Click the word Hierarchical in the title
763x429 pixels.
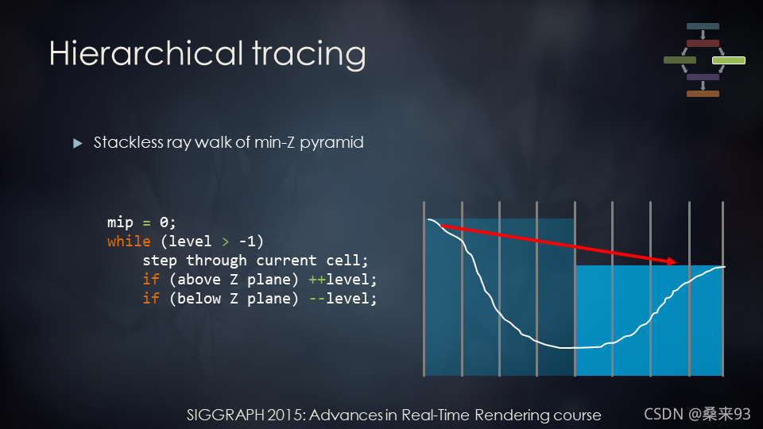pyautogui.click(x=146, y=52)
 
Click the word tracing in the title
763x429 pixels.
pyautogui.click(x=309, y=56)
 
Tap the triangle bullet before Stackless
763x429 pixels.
pyautogui.click(x=77, y=143)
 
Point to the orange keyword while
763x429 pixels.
pyautogui.click(x=129, y=242)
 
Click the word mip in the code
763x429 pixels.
pyautogui.click(x=120, y=222)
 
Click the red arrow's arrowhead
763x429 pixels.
pyautogui.click(x=671, y=261)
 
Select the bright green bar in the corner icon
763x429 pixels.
pyautogui.click(x=729, y=60)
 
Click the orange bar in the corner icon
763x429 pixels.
pyautogui.click(x=703, y=94)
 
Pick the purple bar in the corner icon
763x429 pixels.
pyautogui.click(x=703, y=77)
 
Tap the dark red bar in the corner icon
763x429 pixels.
pyautogui.click(x=703, y=43)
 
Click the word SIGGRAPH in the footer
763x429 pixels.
pyautogui.click(x=226, y=415)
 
